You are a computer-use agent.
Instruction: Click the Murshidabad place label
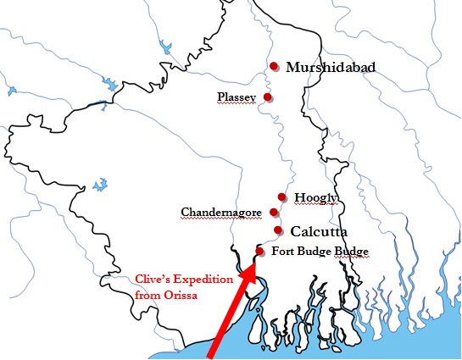pos(331,68)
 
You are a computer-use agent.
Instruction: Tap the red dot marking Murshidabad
pos(273,66)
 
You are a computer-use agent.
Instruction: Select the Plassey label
pos(237,97)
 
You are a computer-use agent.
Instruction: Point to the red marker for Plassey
pos(268,97)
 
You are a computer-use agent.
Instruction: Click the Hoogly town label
pos(316,197)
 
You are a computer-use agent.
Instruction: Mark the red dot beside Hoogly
pos(282,197)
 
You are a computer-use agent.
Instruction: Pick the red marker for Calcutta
pos(278,230)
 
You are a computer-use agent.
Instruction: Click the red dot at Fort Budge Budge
pos(259,252)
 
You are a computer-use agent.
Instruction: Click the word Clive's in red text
pos(156,279)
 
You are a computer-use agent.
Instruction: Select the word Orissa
pos(179,295)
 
